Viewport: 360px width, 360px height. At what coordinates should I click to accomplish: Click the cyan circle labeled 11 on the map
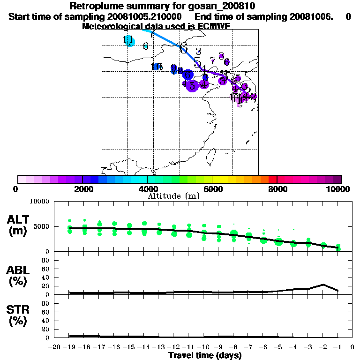[x=130, y=42]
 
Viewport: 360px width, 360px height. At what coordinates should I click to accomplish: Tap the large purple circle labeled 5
[x=192, y=86]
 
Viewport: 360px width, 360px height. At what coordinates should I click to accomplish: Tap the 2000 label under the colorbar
[x=82, y=189]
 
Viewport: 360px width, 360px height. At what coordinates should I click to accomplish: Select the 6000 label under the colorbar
[x=212, y=189]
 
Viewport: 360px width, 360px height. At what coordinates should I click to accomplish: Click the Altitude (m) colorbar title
[x=173, y=196]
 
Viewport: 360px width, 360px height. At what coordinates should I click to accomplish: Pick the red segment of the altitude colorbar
[x=272, y=179]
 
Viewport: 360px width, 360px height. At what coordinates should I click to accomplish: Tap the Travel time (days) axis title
[x=205, y=355]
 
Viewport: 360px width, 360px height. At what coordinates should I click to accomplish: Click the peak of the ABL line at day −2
[x=323, y=285]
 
